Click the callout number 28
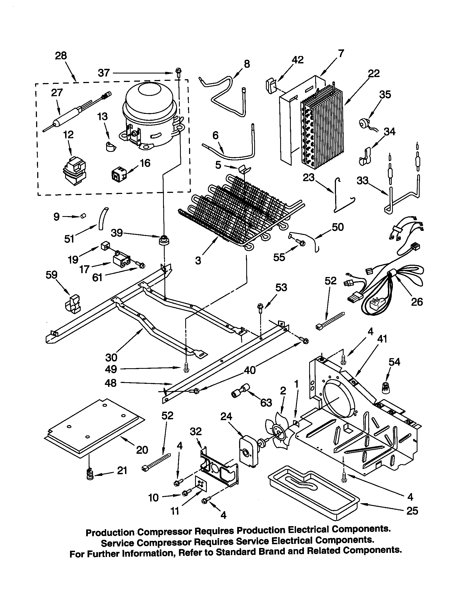coord(61,56)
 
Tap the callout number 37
coord(104,73)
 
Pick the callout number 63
coord(266,403)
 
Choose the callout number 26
coord(417,302)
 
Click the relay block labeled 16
coord(118,174)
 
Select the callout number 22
coord(374,73)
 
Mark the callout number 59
coord(51,275)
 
